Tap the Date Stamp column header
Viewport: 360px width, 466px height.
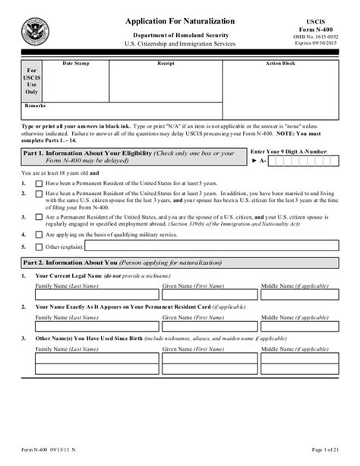pyautogui.click(x=75, y=64)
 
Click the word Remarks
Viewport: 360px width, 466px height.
pyautogui.click(x=35, y=105)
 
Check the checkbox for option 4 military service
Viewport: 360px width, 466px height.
pyautogui.click(x=38, y=235)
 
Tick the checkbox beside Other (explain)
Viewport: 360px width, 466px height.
pyautogui.click(x=38, y=247)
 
